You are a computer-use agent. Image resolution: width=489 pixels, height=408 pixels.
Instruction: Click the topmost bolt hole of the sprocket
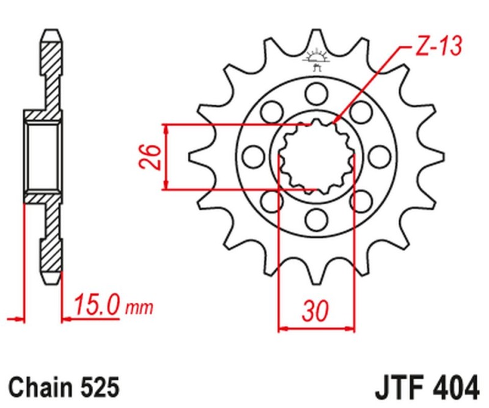coord(316,93)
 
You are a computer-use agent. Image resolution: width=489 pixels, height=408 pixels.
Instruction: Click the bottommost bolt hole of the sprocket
coord(316,218)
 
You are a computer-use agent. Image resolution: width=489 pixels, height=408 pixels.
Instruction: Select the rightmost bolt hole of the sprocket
coord(380,156)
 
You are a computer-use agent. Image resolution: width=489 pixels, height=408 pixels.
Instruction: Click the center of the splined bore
coord(316,157)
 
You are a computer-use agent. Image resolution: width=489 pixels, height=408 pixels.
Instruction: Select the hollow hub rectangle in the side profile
coord(43,156)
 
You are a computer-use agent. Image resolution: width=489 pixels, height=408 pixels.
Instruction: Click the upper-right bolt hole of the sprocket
coord(361,112)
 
